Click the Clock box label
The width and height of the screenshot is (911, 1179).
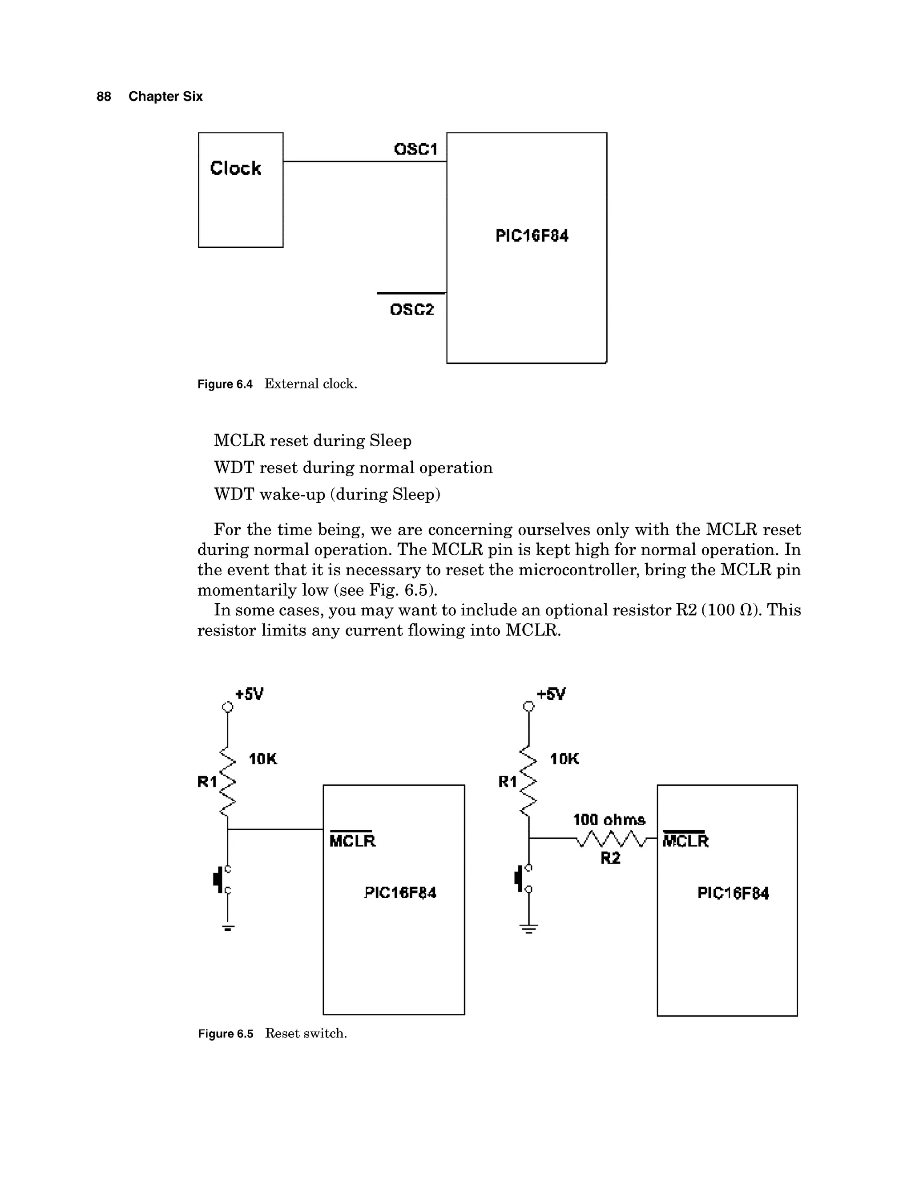[x=235, y=169]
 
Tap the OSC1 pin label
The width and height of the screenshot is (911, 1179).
[x=415, y=149]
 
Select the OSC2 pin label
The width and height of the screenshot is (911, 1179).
[x=412, y=310]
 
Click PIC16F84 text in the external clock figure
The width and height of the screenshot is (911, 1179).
[x=532, y=236]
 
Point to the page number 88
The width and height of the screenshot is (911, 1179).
[x=104, y=97]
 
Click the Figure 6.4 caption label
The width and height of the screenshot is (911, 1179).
[x=225, y=384]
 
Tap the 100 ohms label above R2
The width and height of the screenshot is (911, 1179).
[x=609, y=820]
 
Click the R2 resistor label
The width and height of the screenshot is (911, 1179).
[x=610, y=858]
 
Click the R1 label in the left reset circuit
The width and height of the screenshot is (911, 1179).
[x=207, y=782]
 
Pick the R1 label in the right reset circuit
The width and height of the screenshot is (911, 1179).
[x=507, y=782]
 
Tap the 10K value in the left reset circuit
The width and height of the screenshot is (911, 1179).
[x=263, y=759]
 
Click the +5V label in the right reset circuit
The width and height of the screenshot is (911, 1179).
[x=551, y=694]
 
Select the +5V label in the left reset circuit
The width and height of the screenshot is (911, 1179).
[x=250, y=694]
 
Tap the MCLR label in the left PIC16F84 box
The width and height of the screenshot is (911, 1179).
[x=352, y=840]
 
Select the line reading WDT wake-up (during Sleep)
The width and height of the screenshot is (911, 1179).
[x=327, y=494]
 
